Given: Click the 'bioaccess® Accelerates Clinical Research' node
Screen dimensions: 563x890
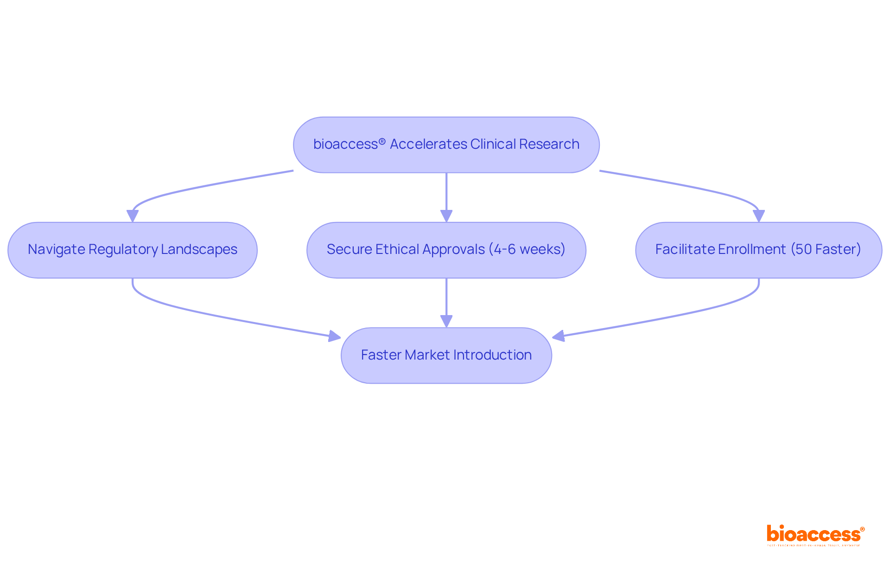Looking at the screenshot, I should (x=446, y=145).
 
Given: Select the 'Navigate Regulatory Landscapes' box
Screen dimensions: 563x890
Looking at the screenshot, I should (x=133, y=250).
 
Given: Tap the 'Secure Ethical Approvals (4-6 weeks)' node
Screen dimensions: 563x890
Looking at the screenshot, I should (x=446, y=250).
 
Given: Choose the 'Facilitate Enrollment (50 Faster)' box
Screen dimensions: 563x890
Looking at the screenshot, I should (x=758, y=250).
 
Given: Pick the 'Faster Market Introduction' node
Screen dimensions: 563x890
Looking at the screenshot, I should (x=446, y=355).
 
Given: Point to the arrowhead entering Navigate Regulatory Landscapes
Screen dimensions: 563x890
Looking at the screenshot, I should (x=133, y=216).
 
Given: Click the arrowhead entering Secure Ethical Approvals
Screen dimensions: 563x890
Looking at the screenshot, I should (x=446, y=216).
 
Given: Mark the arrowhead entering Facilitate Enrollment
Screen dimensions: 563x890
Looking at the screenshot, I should (x=759, y=216).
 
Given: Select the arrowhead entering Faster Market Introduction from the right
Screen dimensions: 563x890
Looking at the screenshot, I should (x=559, y=336).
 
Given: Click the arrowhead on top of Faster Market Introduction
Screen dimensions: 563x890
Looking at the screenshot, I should (x=446, y=321).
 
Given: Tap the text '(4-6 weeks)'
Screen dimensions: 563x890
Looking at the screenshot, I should (x=527, y=249).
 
